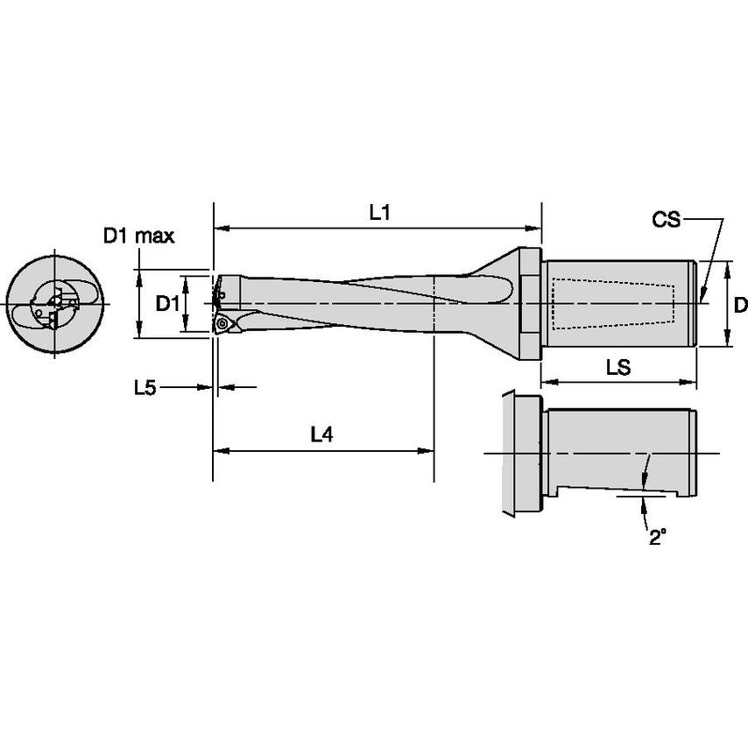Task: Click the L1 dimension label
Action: [378, 212]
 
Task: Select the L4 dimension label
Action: [322, 434]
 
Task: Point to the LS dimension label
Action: [618, 368]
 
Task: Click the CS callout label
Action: [666, 219]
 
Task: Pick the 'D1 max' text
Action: [138, 235]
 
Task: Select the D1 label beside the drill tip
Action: [167, 303]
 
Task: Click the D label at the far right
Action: [739, 305]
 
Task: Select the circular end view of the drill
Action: [55, 304]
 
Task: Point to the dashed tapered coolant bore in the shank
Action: [613, 303]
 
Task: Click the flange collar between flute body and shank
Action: [528, 303]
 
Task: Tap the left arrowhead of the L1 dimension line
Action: [220, 229]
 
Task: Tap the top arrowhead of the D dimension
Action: [728, 266]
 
